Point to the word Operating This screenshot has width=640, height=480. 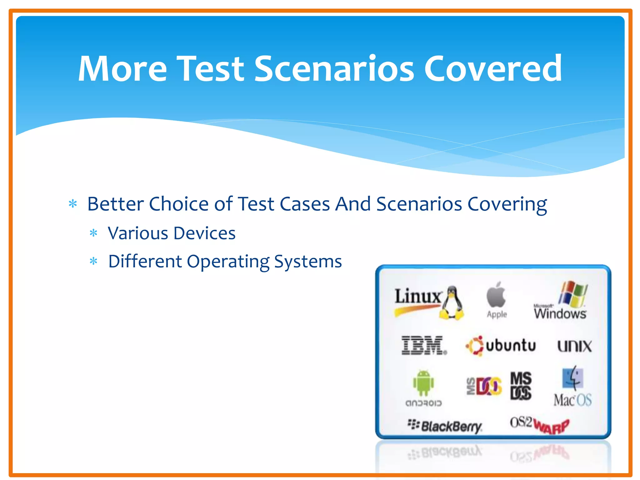[x=228, y=262]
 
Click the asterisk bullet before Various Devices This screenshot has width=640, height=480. [x=93, y=233]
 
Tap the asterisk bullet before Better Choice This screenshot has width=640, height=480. [x=73, y=204]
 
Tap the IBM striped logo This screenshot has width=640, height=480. [x=423, y=346]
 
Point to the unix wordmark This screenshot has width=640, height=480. [x=574, y=346]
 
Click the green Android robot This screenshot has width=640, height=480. [x=423, y=383]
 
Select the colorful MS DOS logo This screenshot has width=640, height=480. [x=484, y=387]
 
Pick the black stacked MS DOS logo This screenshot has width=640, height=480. [x=521, y=386]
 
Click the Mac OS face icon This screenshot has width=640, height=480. [x=572, y=378]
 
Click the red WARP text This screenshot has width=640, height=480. [x=551, y=426]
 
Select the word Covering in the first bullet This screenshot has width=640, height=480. [x=507, y=205]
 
